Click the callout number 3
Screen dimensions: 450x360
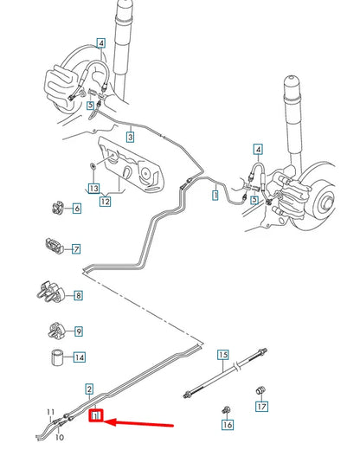point(130,136)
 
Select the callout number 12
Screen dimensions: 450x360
point(105,202)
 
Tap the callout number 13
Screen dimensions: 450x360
point(93,187)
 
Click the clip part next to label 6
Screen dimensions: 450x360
point(55,209)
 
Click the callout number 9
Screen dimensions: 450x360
point(78,331)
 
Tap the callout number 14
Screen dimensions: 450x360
point(79,357)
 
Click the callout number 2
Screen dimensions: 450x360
point(88,389)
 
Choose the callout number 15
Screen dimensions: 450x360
point(222,355)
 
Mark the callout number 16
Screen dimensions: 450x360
point(228,425)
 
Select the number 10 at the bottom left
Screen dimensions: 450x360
point(60,438)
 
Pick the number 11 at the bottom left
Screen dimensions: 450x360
point(51,411)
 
